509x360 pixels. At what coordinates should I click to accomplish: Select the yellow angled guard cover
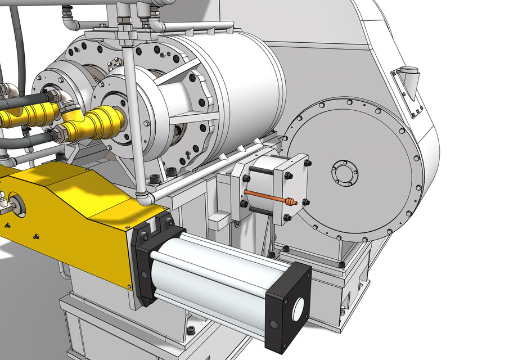73,219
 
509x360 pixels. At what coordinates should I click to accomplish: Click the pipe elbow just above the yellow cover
143,197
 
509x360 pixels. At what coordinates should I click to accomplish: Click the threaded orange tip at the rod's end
290,201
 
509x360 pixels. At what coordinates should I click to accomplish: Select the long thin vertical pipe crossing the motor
130,112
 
